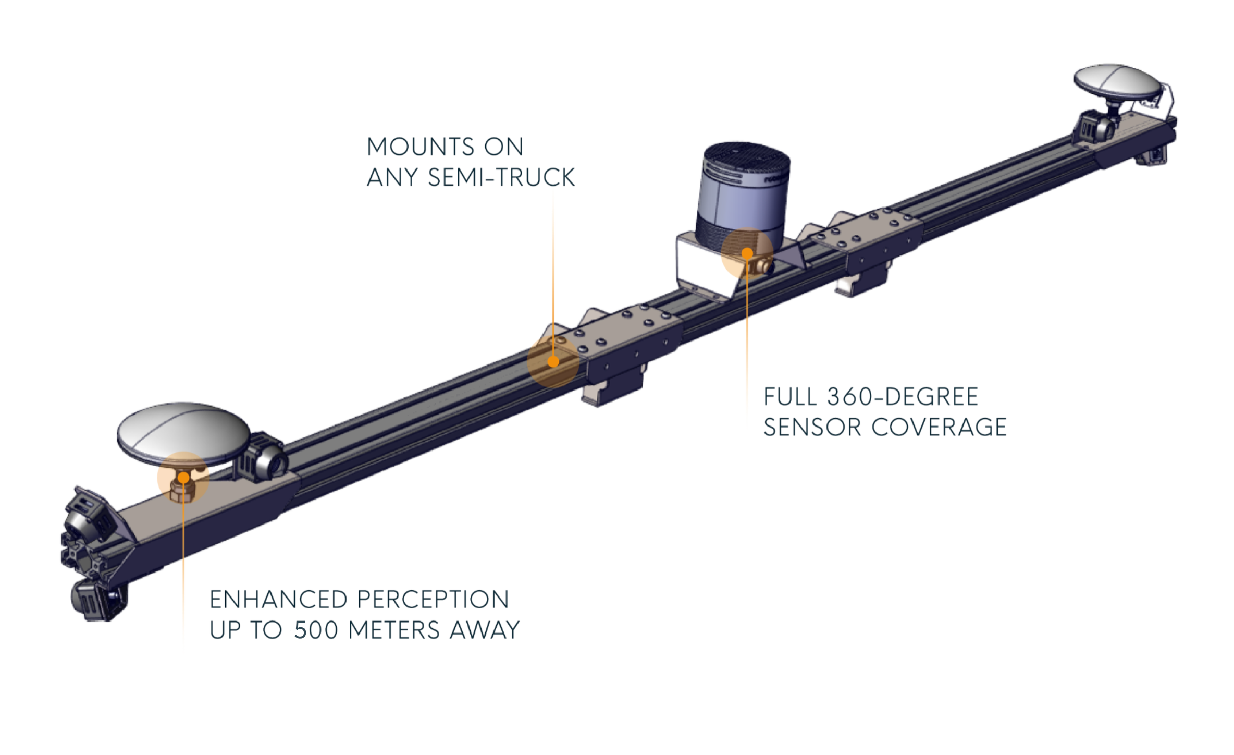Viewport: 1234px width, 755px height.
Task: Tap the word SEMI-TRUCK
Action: click(501, 178)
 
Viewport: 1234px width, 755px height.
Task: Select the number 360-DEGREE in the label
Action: click(903, 397)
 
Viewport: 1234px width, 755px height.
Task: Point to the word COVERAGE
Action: click(939, 428)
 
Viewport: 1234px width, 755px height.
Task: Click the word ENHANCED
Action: click(278, 600)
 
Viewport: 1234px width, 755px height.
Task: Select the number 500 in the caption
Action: click(316, 630)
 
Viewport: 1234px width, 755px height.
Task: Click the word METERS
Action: click(394, 630)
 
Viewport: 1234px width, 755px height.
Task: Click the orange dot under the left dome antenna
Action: click(183, 477)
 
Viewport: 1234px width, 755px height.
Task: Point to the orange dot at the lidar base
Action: click(747, 253)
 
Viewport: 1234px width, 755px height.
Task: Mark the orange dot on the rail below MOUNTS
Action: click(553, 361)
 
